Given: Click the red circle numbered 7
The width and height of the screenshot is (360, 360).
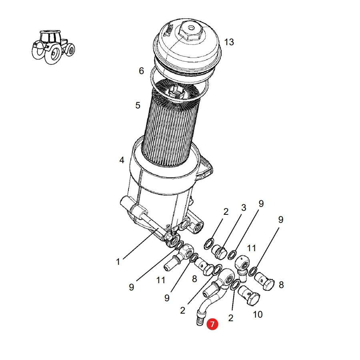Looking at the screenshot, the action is pyautogui.click(x=212, y=324).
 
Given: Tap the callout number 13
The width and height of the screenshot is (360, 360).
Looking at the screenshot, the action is pyautogui.click(x=229, y=42).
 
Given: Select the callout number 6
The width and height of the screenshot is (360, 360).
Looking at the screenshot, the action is pyautogui.click(x=142, y=71).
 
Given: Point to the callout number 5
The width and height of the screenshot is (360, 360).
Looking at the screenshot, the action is pyautogui.click(x=138, y=105).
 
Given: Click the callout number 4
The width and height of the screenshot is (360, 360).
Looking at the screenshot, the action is pyautogui.click(x=122, y=160).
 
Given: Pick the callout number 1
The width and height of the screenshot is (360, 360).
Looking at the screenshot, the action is pyautogui.click(x=118, y=262).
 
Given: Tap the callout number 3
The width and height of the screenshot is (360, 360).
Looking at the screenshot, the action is pyautogui.click(x=244, y=208).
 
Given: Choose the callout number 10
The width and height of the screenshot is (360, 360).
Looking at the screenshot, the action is pyautogui.click(x=258, y=314).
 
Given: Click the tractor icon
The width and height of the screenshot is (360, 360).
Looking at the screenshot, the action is pyautogui.click(x=53, y=47).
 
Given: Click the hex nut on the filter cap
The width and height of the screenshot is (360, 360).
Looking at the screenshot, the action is pyautogui.click(x=190, y=32).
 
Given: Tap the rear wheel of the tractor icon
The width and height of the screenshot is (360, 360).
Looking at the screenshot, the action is pyautogui.click(x=54, y=53).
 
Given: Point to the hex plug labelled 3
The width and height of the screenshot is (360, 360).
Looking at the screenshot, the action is pyautogui.click(x=220, y=252).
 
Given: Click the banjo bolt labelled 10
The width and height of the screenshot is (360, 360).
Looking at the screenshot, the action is pyautogui.click(x=249, y=296).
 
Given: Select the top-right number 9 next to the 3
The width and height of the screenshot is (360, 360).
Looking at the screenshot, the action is pyautogui.click(x=261, y=204).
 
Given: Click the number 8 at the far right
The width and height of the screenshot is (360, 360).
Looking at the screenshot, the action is pyautogui.click(x=281, y=285).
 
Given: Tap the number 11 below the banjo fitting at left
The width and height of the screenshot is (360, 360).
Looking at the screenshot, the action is pyautogui.click(x=161, y=280).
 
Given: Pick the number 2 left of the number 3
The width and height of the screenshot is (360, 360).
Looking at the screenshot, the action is pyautogui.click(x=226, y=212).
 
